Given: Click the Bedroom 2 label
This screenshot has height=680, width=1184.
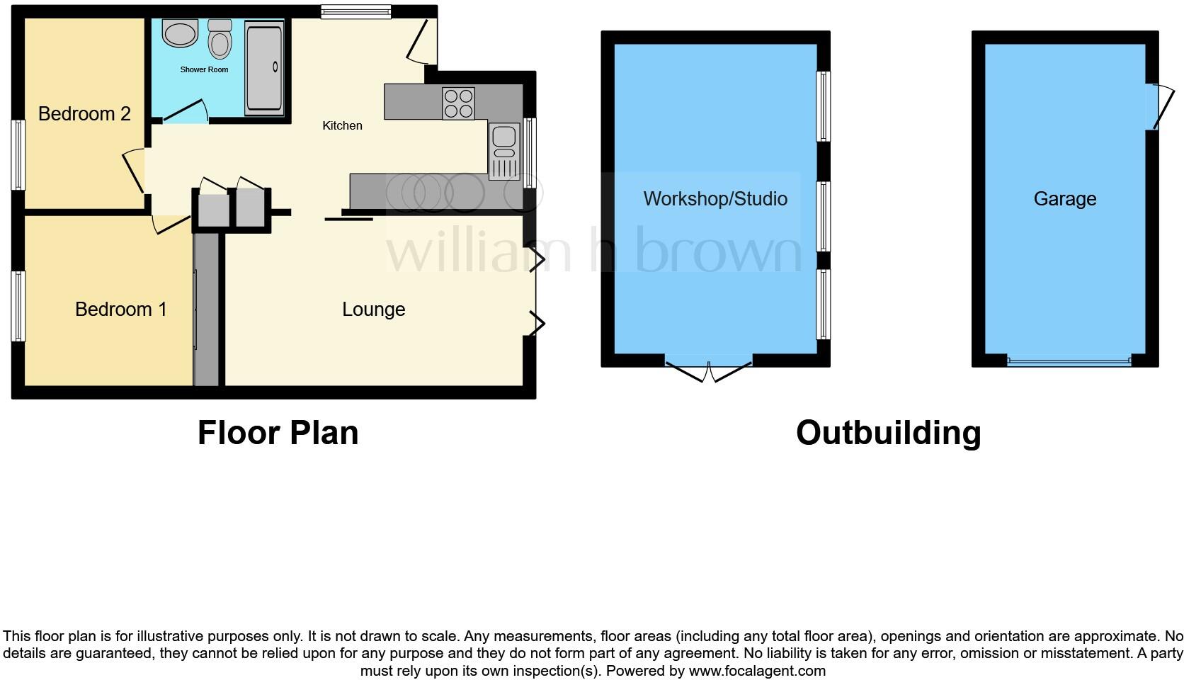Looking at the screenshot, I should tap(84, 114).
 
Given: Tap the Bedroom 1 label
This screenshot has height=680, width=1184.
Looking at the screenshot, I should tap(120, 310).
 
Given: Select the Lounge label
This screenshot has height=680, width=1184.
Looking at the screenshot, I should tap(373, 310).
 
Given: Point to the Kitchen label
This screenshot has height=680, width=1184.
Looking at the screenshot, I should tap(342, 125).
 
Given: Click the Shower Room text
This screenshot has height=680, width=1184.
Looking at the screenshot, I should tap(204, 69).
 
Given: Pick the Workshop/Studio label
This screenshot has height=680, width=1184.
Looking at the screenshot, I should tap(715, 199).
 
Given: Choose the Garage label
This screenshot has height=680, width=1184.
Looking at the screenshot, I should tap(1064, 199).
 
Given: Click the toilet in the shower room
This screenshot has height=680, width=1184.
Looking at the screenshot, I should tap(220, 40).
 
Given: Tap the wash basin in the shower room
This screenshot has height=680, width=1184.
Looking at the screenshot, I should tap(181, 33).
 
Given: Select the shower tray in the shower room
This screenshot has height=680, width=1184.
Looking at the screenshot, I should tap(264, 67).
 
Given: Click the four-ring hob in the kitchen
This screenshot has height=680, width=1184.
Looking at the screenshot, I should tap(458, 103).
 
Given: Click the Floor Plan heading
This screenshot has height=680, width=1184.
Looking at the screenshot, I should tap(278, 433).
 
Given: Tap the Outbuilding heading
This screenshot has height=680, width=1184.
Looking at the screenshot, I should tap(888, 433).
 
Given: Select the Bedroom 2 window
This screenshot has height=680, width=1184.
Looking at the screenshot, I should tap(18, 154).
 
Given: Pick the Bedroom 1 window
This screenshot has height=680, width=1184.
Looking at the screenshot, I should tap(18, 306).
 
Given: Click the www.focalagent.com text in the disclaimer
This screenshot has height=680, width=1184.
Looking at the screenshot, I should tap(757, 671).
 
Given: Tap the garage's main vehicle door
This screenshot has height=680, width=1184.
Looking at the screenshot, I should tap(1069, 362).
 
